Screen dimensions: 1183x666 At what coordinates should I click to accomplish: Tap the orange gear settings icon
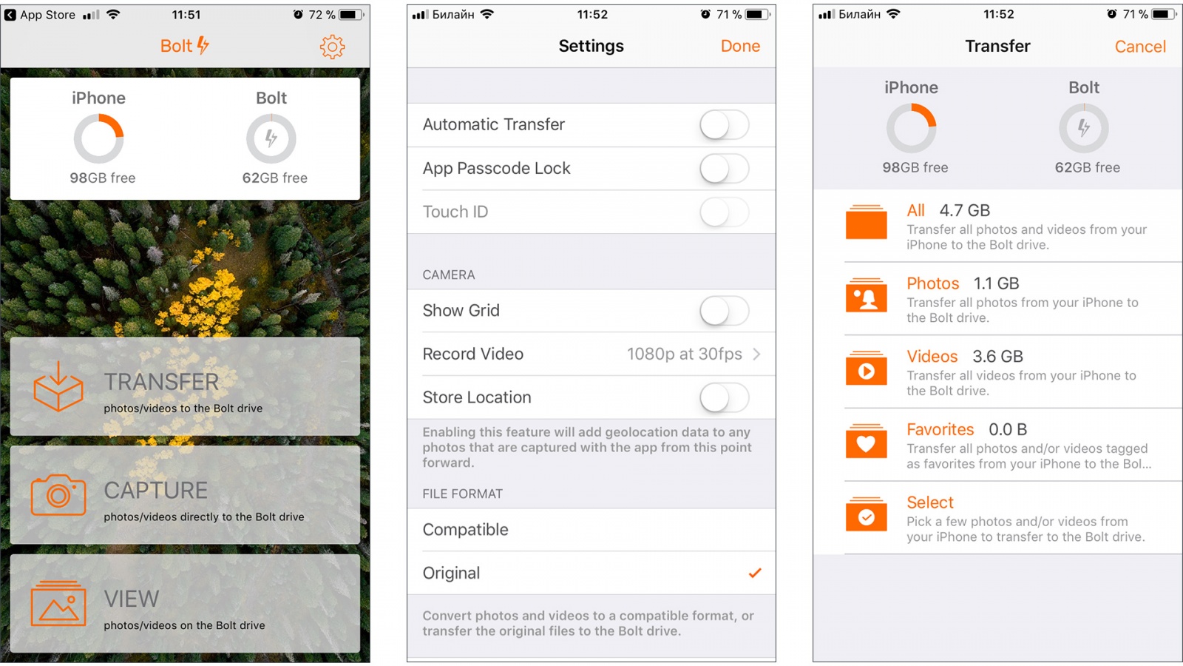pos(332,47)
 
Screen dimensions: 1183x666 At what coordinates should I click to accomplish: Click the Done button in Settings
pos(740,46)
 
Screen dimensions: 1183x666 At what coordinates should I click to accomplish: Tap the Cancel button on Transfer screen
pos(1139,47)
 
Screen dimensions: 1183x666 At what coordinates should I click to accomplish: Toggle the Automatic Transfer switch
pos(724,125)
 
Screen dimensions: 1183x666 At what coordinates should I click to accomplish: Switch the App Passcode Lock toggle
pos(724,169)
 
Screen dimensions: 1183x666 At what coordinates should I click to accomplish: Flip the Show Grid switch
pos(724,311)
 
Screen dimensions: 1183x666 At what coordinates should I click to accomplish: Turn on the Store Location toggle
pos(724,397)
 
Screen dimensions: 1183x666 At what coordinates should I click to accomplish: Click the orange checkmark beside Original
pos(755,573)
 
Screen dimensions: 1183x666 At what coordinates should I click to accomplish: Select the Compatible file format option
pos(465,530)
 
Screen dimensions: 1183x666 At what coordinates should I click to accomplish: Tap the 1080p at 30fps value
pos(685,354)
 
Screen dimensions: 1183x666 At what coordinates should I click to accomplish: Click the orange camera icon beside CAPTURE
pos(58,495)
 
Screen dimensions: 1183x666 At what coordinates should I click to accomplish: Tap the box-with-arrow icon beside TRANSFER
pos(58,386)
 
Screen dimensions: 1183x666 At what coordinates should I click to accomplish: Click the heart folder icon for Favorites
pos(866,440)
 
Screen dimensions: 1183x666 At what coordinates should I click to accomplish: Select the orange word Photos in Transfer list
pos(932,283)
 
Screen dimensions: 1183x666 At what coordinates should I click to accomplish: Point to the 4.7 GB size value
pos(964,210)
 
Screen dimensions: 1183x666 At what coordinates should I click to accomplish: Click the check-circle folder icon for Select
pos(866,514)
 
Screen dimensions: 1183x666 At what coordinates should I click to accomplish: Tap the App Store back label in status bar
pos(47,15)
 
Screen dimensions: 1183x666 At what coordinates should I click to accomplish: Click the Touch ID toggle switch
pos(724,212)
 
